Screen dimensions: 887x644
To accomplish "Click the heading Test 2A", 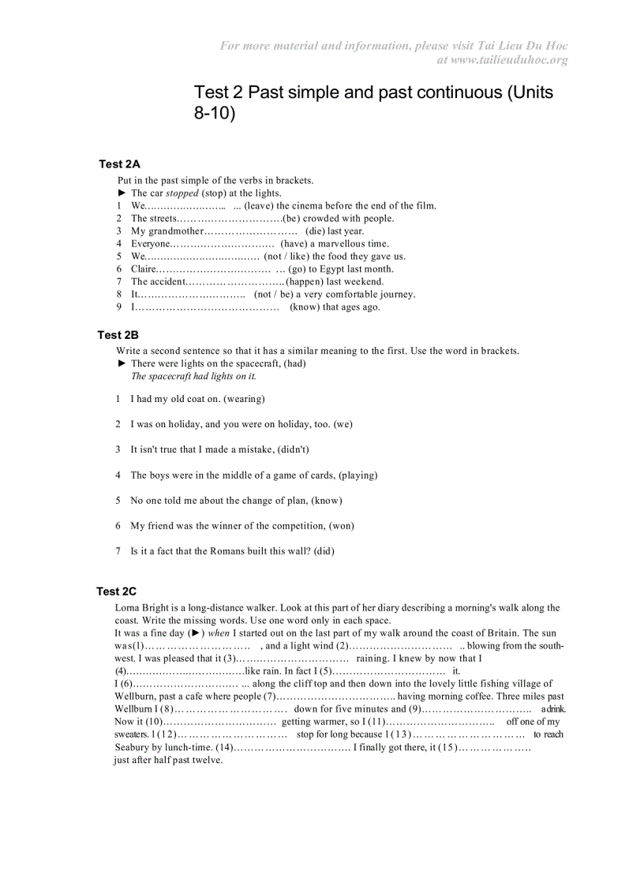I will pos(119,164).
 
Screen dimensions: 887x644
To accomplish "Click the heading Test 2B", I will pos(118,335).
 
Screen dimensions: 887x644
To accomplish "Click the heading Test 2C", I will pos(116,591).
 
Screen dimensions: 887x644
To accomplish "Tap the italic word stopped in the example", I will pos(182,193).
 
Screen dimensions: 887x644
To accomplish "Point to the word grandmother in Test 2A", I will pos(176,231).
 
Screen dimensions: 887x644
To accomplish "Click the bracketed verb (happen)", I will pos(304,281).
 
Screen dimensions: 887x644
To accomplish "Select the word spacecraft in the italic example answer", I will pos(170,376).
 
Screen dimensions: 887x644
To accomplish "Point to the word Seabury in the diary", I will pos(132,746).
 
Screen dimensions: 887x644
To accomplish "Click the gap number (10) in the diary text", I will pos(154,721).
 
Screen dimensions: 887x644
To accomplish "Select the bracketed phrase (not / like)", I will pos(286,256).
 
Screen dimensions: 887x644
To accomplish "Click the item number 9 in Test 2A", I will pos(119,306).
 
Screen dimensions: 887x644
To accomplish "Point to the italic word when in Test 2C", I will pos(219,633).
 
